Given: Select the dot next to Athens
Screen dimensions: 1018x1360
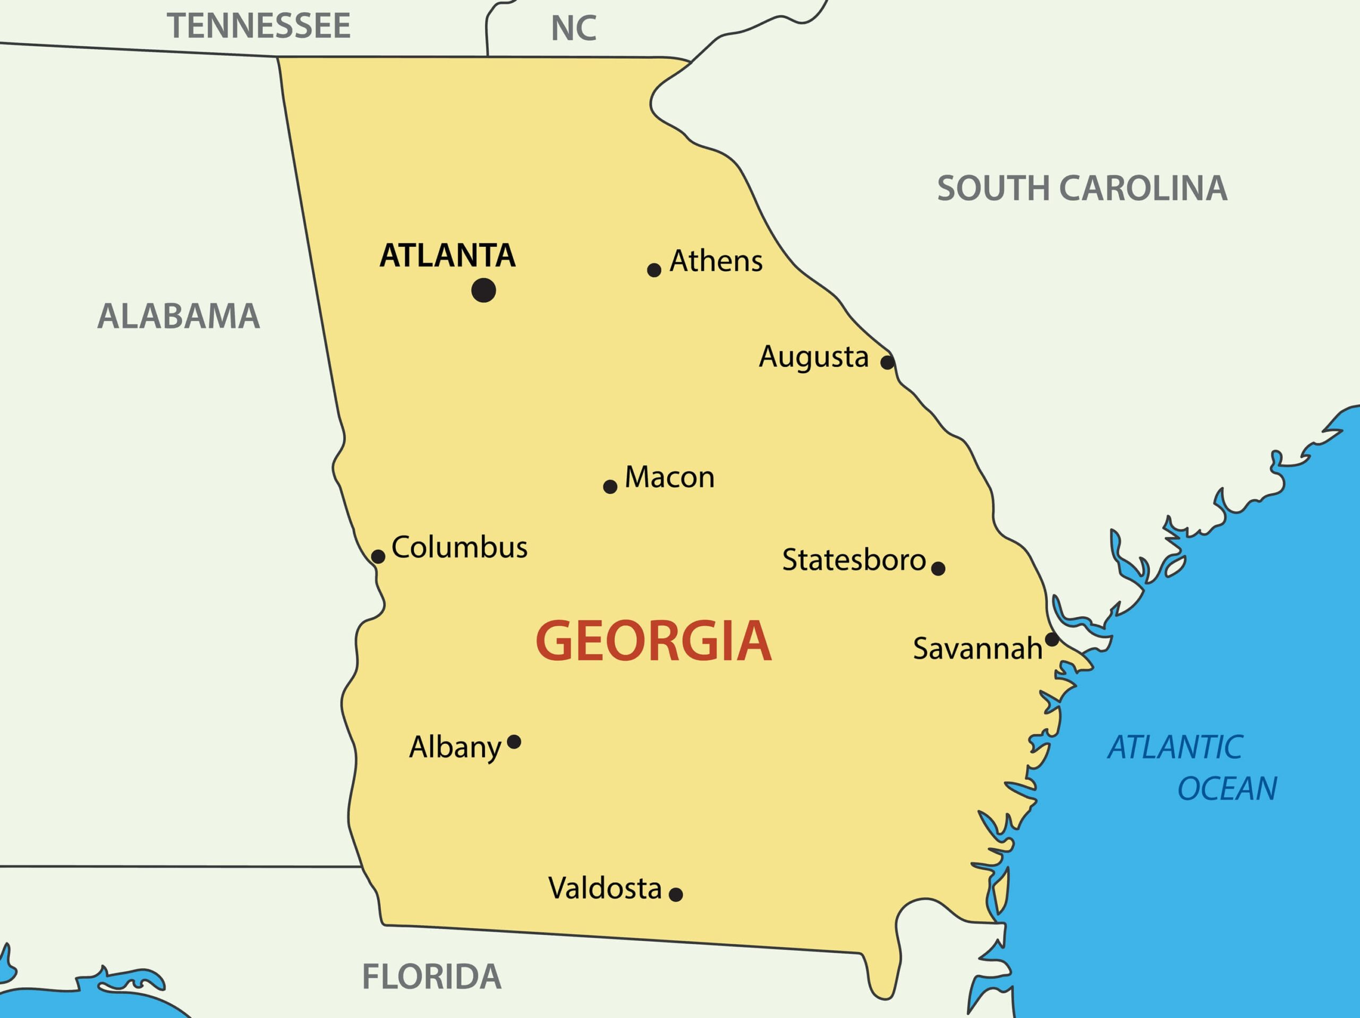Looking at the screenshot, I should click(x=653, y=270).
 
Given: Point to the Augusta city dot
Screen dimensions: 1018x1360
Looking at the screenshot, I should click(x=887, y=362).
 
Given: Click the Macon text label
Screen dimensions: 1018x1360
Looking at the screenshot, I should click(x=669, y=477).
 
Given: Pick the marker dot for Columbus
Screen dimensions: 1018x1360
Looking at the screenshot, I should click(x=378, y=557).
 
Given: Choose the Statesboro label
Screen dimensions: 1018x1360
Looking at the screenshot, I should click(x=853, y=559).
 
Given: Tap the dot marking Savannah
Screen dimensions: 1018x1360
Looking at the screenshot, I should click(x=1052, y=640).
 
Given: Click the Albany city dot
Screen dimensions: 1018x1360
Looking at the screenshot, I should click(x=514, y=742).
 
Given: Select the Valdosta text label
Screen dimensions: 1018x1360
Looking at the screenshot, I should click(x=605, y=888).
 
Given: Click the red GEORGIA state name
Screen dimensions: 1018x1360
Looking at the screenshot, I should click(x=653, y=641).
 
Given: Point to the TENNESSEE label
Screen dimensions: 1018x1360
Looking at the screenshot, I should click(x=259, y=26).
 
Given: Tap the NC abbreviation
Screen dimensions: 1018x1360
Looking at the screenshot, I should click(x=573, y=28).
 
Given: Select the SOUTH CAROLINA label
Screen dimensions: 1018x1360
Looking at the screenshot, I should click(x=1082, y=188).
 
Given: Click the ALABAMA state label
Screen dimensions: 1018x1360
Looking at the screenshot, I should click(x=178, y=316).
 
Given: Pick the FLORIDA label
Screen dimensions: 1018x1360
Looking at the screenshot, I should click(x=431, y=977).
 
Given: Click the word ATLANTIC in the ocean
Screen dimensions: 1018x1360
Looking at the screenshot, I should click(x=1175, y=748).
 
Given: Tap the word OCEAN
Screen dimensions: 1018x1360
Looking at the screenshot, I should click(x=1227, y=789).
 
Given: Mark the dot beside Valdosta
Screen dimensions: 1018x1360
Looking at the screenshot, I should click(x=675, y=894).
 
